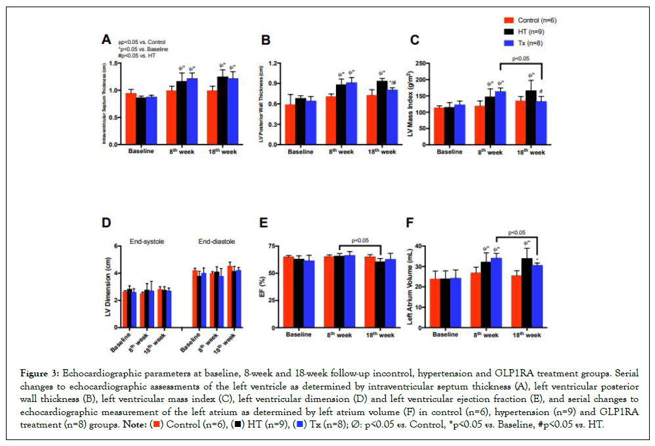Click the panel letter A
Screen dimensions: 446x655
click(x=106, y=40)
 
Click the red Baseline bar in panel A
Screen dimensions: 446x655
click(x=131, y=119)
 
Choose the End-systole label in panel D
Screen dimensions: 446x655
click(x=146, y=242)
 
